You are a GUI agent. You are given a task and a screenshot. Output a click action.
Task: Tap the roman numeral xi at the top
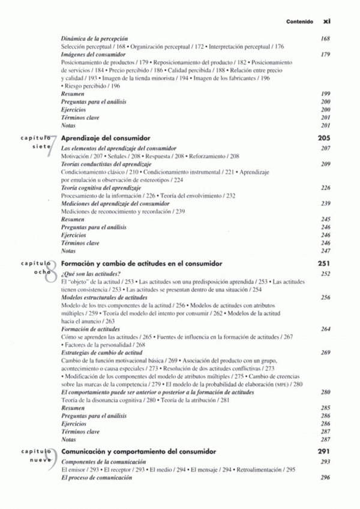coord(326,20)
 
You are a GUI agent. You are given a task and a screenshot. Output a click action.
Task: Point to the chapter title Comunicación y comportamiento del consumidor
coord(139,451)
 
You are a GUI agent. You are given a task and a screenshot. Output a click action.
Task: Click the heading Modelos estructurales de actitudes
coord(104,297)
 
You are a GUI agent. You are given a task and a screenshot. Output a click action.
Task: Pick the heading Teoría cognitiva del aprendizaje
coord(104,188)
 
